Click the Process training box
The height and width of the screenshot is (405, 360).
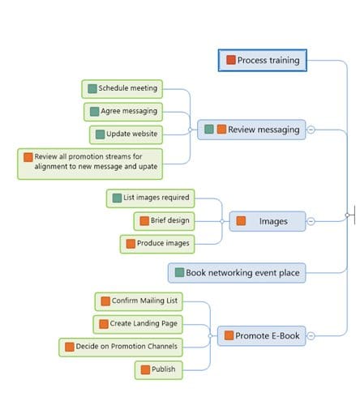pyautogui.click(x=263, y=60)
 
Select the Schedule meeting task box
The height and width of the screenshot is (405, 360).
pyautogui.click(x=122, y=89)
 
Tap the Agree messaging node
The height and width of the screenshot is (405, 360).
pyautogui.click(x=123, y=112)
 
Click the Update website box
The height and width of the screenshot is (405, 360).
pyautogui.click(x=126, y=134)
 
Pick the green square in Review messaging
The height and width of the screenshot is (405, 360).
pyautogui.click(x=209, y=129)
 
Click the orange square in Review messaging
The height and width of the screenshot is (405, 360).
pyautogui.click(x=221, y=129)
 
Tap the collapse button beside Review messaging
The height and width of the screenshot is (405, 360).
pyautogui.click(x=311, y=130)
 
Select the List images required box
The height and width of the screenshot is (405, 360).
pyautogui.click(x=150, y=198)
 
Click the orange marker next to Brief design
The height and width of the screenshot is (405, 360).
pyautogui.click(x=144, y=221)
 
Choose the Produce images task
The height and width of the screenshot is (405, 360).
pyautogui.click(x=157, y=244)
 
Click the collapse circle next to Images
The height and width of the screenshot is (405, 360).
pyautogui.click(x=311, y=221)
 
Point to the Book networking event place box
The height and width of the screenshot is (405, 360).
pyautogui.click(x=237, y=273)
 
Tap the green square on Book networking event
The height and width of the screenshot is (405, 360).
pyautogui.click(x=179, y=272)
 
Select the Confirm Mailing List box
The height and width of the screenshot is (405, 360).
pyautogui.click(x=139, y=301)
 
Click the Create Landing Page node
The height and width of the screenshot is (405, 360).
pyautogui.click(x=138, y=324)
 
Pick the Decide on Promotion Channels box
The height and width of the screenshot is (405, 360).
pyautogui.click(x=121, y=347)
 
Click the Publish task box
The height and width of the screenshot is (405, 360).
pyautogui.click(x=159, y=370)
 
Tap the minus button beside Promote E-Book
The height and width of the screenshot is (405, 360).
pyautogui.click(x=311, y=336)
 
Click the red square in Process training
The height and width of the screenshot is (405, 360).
pyautogui.click(x=231, y=60)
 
